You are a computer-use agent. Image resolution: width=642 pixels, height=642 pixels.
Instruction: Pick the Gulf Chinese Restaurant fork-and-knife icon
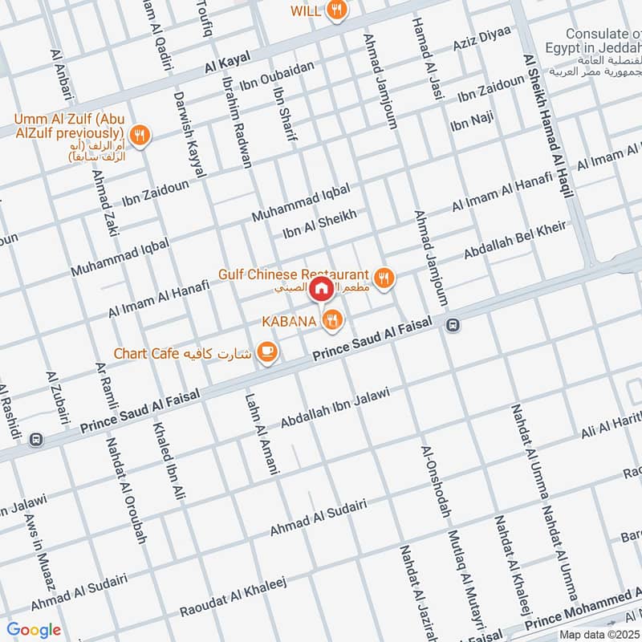click(385, 278)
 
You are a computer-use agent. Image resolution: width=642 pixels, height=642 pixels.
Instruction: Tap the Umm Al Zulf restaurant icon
click(140, 136)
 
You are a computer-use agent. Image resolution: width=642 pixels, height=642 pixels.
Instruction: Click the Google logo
click(34, 630)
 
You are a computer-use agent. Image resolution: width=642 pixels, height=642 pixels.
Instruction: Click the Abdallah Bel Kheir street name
click(514, 240)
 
